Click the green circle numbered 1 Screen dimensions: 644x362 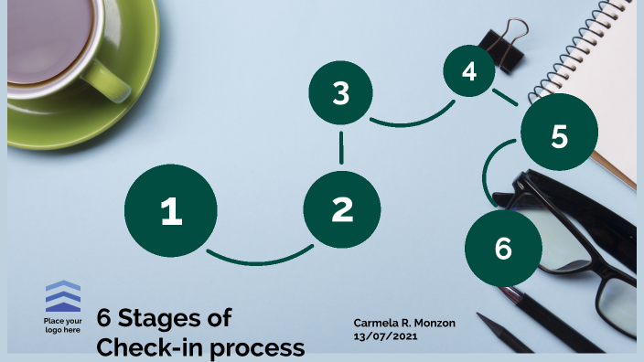pos(171,211)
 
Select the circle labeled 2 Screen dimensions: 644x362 pos(341,210)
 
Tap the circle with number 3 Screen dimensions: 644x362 pos(341,93)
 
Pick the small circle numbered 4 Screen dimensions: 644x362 pos(469,71)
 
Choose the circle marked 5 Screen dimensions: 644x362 pos(559,135)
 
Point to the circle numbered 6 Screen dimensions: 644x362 pos(502,248)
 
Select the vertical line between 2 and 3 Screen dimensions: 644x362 pos(341,146)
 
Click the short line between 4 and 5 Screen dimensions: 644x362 pos(504,96)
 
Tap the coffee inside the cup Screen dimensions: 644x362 pos(55,37)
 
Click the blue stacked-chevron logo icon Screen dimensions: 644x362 pos(63,297)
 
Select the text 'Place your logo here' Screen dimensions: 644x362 pos(63,325)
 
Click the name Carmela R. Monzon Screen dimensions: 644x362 pos(403,323)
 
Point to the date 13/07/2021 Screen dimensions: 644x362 pos(385,336)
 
